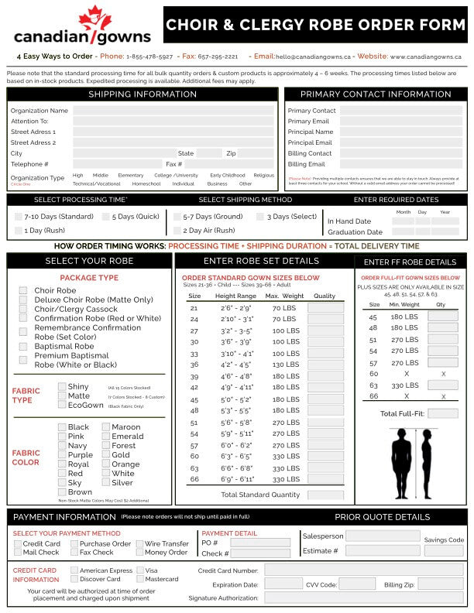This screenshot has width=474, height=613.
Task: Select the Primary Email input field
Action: pyautogui.click(x=400, y=122)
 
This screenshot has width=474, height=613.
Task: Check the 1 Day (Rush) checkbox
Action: pyautogui.click(x=19, y=231)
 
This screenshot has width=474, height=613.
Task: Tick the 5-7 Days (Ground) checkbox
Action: pyautogui.click(x=177, y=217)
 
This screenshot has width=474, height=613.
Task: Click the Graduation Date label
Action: pyautogui.click(x=355, y=231)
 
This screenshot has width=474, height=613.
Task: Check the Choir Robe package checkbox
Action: pyautogui.click(x=23, y=290)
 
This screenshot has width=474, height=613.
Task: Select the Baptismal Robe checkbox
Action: pyautogui.click(x=23, y=346)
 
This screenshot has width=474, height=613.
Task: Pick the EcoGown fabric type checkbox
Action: pyautogui.click(x=62, y=405)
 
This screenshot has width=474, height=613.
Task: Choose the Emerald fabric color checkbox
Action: pyautogui.click(x=105, y=437)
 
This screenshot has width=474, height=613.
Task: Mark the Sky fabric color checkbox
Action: pyautogui.click(x=62, y=483)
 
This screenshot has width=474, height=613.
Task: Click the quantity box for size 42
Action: pyautogui.click(x=325, y=387)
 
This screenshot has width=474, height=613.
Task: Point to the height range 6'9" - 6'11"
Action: pyautogui.click(x=235, y=479)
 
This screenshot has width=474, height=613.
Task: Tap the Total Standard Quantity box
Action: pyautogui.click(x=325, y=495)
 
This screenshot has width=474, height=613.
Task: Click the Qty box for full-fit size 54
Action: pyautogui.click(x=442, y=351)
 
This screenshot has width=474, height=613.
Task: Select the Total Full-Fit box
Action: pyautogui.click(x=442, y=414)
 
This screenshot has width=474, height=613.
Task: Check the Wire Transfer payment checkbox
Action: pyautogui.click(x=139, y=543)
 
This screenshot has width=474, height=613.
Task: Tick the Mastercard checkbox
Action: pyautogui.click(x=139, y=579)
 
